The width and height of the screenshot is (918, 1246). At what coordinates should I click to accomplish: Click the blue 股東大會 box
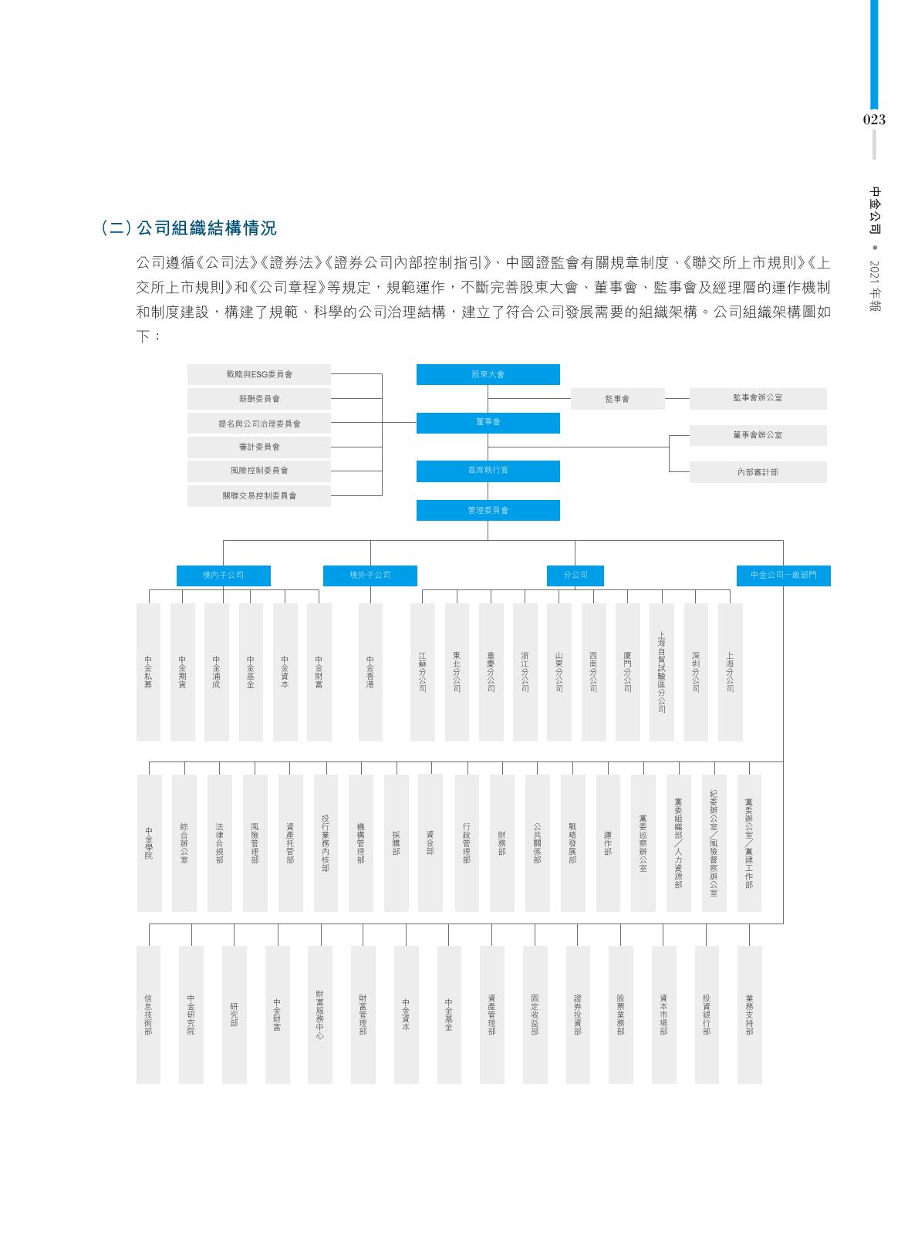pyautogui.click(x=488, y=374)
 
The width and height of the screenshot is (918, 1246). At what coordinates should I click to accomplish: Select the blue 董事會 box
pyautogui.click(x=488, y=422)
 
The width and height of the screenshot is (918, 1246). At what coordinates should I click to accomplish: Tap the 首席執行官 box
pyautogui.click(x=488, y=470)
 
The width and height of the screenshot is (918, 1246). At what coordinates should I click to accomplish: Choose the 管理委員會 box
pyautogui.click(x=488, y=510)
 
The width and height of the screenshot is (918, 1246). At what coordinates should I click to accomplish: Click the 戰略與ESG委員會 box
pyautogui.click(x=259, y=374)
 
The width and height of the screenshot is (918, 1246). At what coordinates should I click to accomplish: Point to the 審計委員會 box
pyautogui.click(x=259, y=447)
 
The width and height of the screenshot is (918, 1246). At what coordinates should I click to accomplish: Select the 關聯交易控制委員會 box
pyautogui.click(x=259, y=495)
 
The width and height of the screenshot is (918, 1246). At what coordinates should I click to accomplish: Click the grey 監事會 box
pyautogui.click(x=617, y=399)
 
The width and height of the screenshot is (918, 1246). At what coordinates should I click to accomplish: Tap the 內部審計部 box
pyautogui.click(x=758, y=471)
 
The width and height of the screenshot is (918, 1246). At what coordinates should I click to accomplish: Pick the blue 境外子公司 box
pyautogui.click(x=370, y=576)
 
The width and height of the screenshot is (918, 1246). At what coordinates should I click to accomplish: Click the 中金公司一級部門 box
pyautogui.click(x=783, y=576)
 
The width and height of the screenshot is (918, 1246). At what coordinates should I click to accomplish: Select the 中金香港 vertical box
pyautogui.click(x=370, y=672)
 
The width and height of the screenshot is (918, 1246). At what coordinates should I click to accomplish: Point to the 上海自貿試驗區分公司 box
pyautogui.click(x=662, y=672)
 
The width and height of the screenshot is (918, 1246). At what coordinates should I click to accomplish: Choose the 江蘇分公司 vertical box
pyautogui.click(x=423, y=672)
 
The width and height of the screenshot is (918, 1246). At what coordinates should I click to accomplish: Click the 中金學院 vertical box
pyautogui.click(x=149, y=843)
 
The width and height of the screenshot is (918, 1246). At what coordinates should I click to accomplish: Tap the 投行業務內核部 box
pyautogui.click(x=326, y=843)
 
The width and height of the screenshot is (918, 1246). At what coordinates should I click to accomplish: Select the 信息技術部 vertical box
pyautogui.click(x=148, y=1014)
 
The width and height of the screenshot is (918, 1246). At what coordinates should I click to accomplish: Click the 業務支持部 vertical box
pyautogui.click(x=749, y=1014)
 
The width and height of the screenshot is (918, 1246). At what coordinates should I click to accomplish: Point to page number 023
pyautogui.click(x=874, y=120)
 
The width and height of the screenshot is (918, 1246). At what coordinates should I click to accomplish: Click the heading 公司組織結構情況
pyautogui.click(x=206, y=228)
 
